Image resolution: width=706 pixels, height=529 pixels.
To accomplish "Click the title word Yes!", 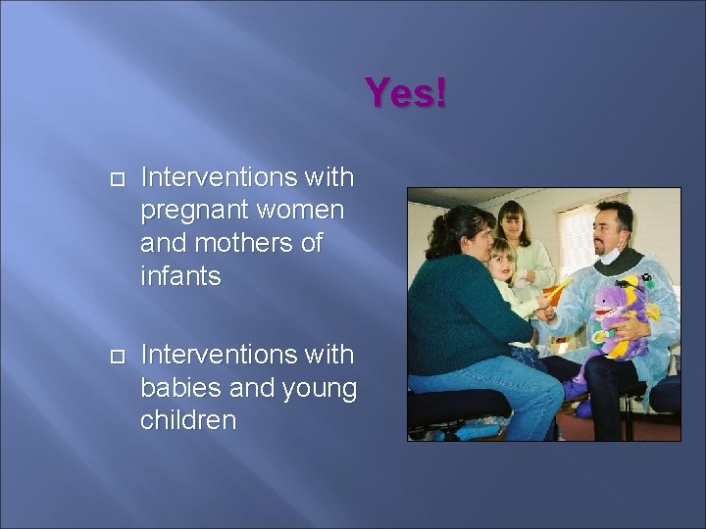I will (406, 94).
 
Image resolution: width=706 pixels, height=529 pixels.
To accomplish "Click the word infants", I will (181, 276).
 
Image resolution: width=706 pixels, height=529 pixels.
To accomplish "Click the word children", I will (188, 420).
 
